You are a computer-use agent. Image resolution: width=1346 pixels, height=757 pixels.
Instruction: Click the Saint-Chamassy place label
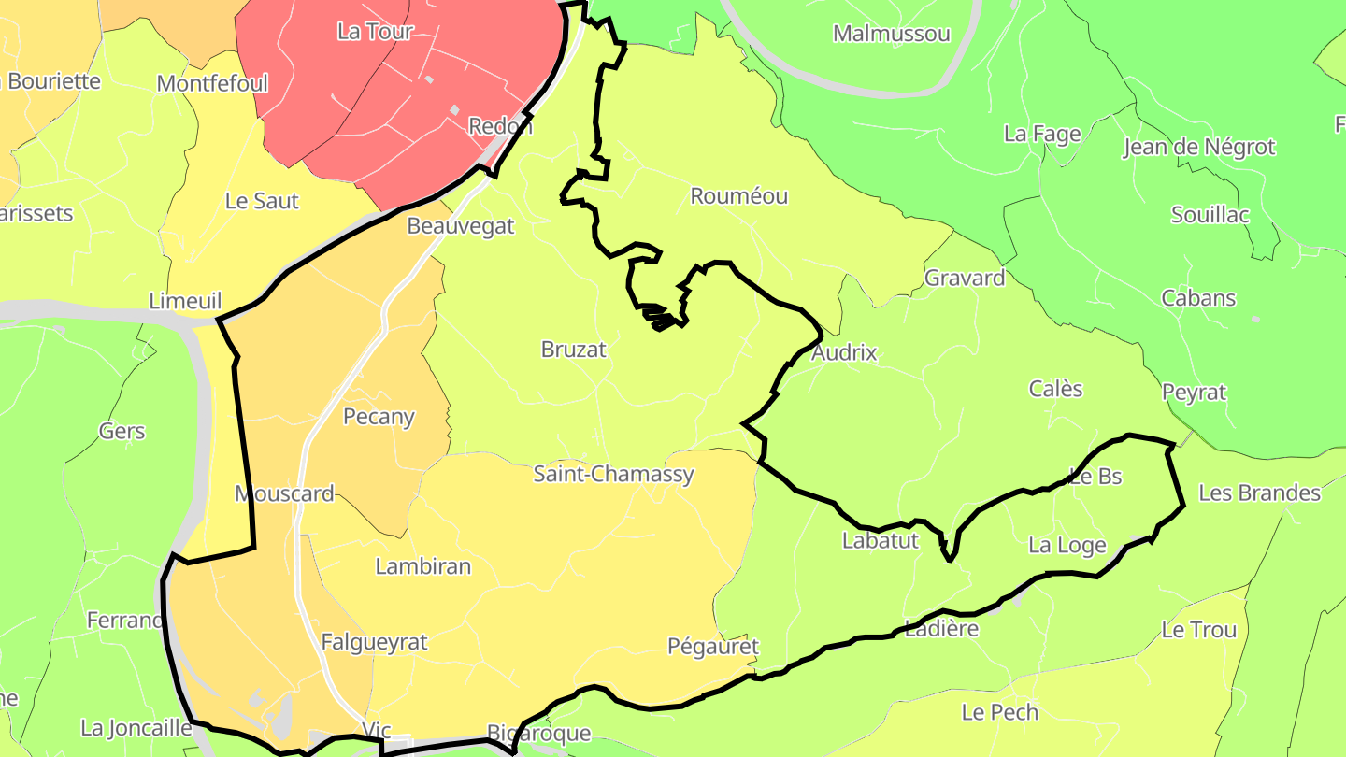click(613, 474)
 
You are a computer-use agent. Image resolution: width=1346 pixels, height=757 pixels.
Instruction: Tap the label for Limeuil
click(185, 301)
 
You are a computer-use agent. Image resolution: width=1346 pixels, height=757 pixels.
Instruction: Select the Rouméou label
click(738, 196)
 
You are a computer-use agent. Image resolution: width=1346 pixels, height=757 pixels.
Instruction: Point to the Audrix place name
click(844, 352)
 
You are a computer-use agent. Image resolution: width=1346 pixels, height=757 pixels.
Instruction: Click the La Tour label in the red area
click(374, 32)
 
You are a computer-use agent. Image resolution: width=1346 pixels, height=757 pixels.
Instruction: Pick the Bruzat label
click(573, 350)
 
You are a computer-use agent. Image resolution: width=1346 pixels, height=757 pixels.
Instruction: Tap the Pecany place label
click(379, 417)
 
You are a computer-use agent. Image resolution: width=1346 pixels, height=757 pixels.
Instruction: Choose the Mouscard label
click(284, 493)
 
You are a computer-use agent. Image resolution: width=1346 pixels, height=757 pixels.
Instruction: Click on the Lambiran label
click(422, 566)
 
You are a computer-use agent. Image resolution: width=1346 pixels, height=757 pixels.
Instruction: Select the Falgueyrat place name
click(374, 642)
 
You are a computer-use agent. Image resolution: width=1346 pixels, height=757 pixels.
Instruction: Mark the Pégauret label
click(712, 647)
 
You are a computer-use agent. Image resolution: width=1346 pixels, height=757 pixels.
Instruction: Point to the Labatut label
click(880, 540)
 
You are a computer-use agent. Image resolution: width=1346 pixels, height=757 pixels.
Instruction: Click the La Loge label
click(1067, 545)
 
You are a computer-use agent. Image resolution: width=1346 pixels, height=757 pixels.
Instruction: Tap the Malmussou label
click(891, 34)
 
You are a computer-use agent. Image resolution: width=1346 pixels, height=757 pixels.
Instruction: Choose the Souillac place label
click(1210, 214)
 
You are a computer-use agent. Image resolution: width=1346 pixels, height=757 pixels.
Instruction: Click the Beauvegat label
click(460, 226)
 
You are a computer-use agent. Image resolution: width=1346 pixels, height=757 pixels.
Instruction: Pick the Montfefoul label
click(212, 84)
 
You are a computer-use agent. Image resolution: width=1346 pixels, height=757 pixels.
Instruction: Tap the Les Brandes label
click(1259, 493)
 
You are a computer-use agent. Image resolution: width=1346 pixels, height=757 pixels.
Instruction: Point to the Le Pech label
click(999, 712)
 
